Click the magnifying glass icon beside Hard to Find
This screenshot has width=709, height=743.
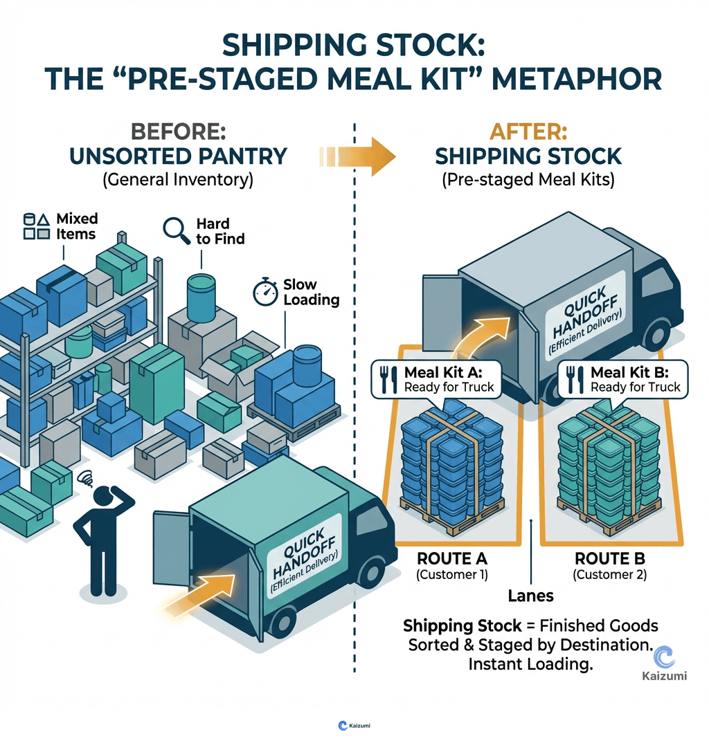(x=176, y=230)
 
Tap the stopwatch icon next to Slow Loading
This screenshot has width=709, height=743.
(x=265, y=292)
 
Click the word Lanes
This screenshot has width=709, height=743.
(x=531, y=594)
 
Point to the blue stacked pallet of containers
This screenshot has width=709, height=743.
(x=452, y=464)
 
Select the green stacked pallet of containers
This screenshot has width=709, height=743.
(x=609, y=464)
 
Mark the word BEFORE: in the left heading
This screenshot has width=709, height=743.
(x=178, y=131)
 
